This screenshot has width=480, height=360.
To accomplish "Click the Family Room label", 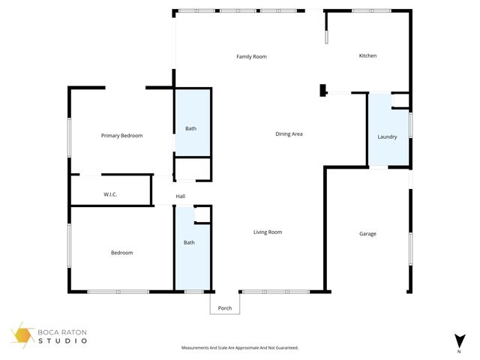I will [251, 57].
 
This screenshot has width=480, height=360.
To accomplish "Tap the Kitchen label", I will [367, 56].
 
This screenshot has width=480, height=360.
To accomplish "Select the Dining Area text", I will [289, 134].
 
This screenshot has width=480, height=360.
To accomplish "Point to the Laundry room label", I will [388, 137].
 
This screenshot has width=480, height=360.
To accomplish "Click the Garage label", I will [367, 234].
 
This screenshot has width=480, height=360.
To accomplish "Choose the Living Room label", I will [267, 232].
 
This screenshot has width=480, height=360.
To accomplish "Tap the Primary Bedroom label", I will [121, 136].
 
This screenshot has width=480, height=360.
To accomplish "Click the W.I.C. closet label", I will [110, 195].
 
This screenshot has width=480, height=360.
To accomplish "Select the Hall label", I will [181, 196].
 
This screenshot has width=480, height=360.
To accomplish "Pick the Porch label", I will [224, 308].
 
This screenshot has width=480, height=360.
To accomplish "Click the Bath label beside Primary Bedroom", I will [191, 129].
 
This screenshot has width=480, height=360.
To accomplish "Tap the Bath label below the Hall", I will [190, 242].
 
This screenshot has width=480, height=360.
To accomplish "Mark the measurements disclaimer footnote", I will [240, 348].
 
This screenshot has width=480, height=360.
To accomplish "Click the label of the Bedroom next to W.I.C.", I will [121, 253].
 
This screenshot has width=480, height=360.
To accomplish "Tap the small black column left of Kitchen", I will [322, 91].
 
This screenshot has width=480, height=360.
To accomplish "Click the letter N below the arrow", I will [458, 351].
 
